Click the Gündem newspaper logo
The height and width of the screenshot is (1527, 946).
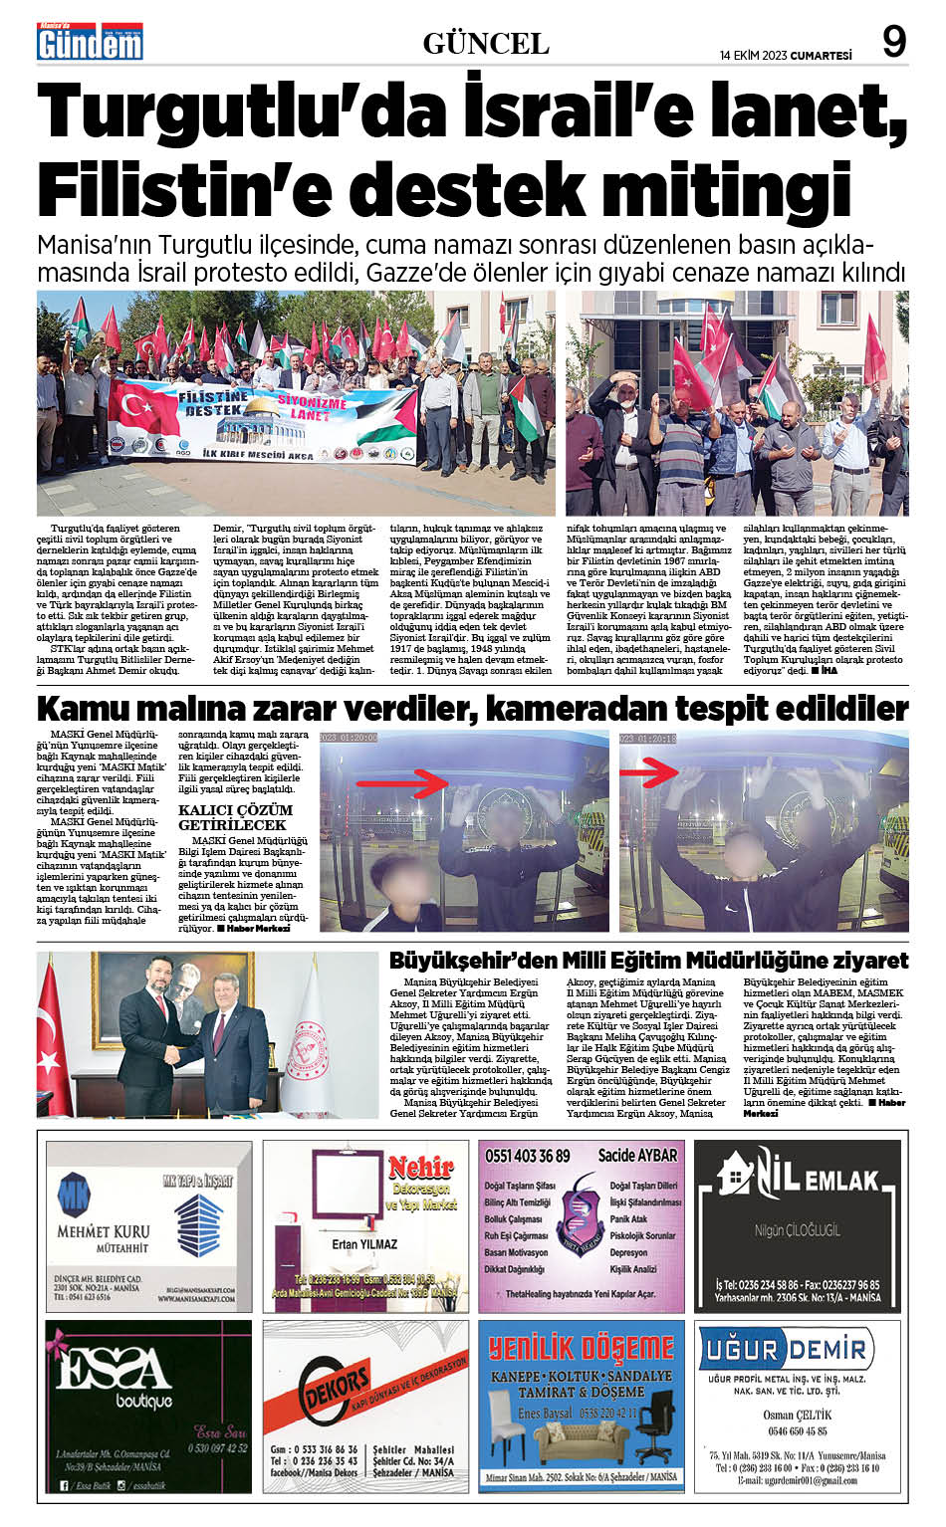point(90,42)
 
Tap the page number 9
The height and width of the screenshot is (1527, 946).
point(893,42)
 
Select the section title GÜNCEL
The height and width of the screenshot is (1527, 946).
point(486,44)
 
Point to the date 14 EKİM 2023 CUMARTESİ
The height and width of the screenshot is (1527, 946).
point(786,56)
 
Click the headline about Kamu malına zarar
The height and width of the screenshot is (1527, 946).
point(472,709)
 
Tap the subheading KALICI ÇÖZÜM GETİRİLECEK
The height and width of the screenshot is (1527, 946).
point(235,817)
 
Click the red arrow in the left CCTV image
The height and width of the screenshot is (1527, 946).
point(403,783)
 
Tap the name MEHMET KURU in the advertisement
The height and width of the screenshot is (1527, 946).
point(103,1231)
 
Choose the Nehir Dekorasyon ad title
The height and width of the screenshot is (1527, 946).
point(420,1179)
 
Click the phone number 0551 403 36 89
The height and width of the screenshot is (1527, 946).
point(528,1156)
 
